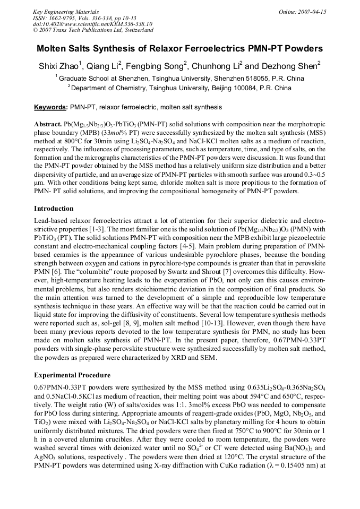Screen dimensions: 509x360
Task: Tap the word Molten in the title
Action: (52, 49)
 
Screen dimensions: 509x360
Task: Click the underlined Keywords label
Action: (50, 107)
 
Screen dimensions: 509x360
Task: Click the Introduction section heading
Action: (54, 209)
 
